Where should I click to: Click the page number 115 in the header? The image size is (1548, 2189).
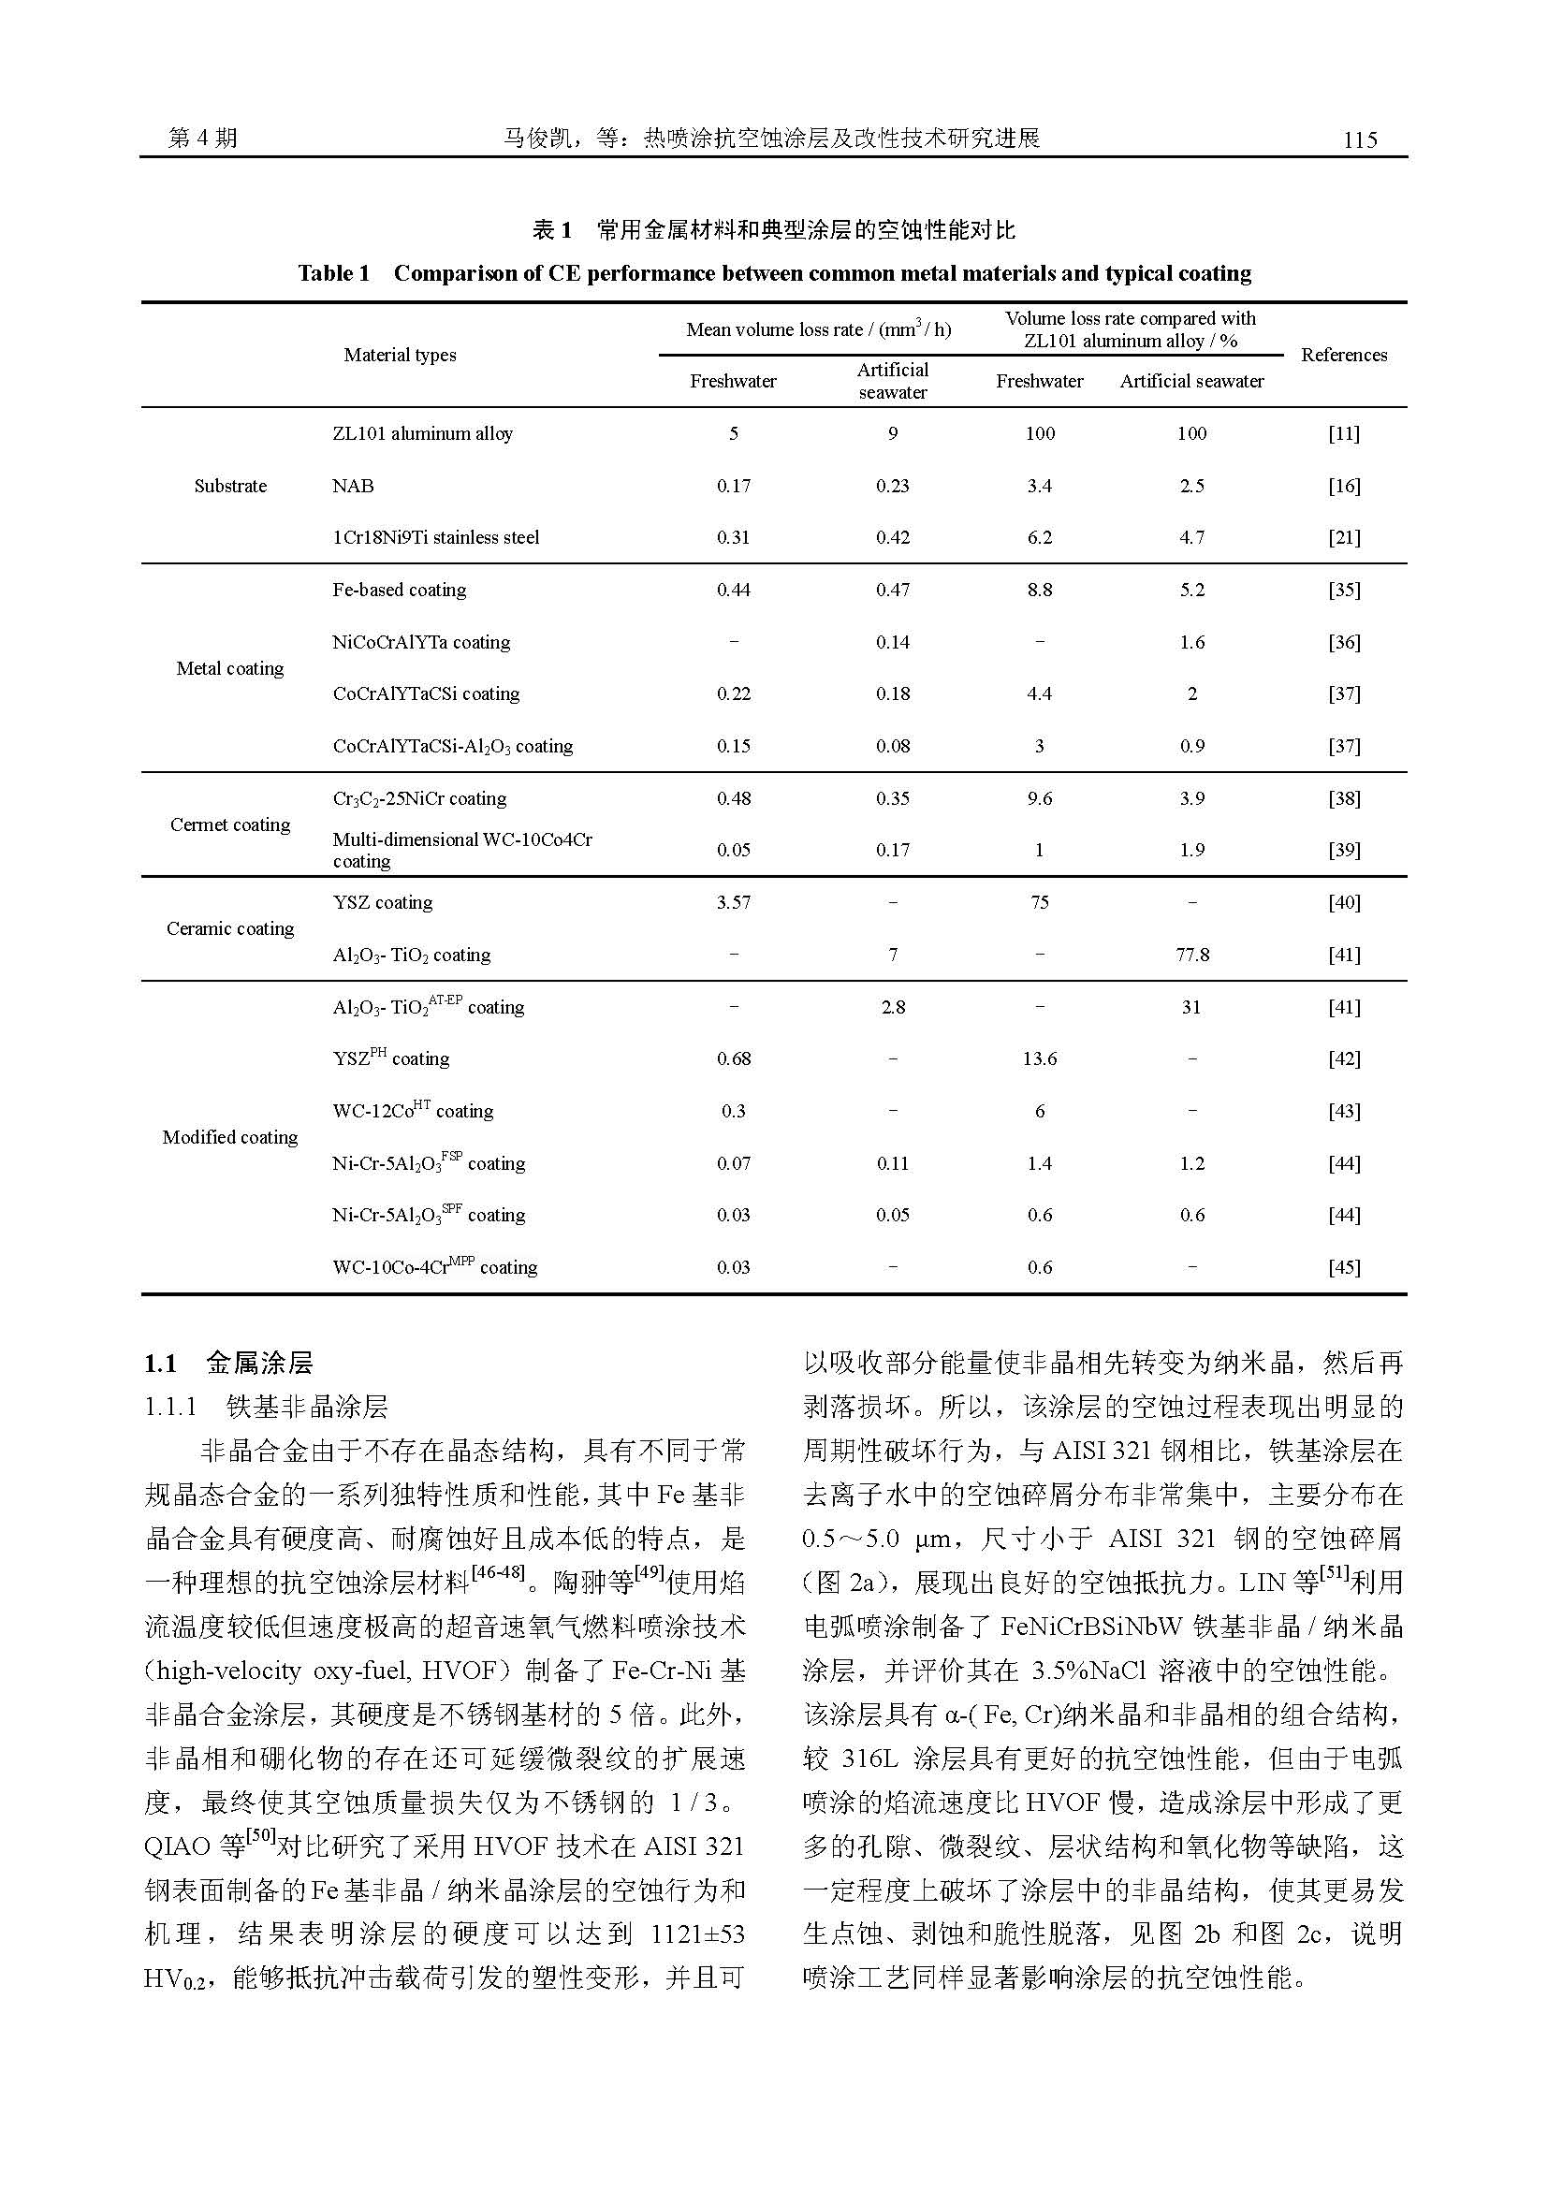tap(1359, 140)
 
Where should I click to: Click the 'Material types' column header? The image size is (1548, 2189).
tap(400, 355)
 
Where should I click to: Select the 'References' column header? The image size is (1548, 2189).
tap(1343, 355)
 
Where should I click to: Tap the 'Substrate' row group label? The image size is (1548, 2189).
tap(229, 486)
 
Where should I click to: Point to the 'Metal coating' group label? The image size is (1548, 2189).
tap(229, 668)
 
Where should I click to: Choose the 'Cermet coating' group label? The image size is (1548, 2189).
tap(229, 825)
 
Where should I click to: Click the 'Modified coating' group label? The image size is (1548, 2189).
tap(229, 1136)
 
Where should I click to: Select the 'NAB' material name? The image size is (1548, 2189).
tap(353, 486)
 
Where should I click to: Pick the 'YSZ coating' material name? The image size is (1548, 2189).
tap(382, 902)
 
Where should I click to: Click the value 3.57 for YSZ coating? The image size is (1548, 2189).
tap(733, 902)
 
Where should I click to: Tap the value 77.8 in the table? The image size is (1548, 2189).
tap(1191, 955)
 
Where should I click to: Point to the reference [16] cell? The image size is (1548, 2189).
tap(1343, 486)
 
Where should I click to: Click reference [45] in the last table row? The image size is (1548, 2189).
tap(1343, 1267)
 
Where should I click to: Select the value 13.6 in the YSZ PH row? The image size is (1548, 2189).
tap(1039, 1058)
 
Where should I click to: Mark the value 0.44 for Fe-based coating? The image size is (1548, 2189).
tap(733, 591)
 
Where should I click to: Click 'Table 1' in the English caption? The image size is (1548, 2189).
tap(332, 273)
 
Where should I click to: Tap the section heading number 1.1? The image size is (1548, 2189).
tap(160, 1364)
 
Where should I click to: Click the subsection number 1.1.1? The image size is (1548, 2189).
tap(170, 1408)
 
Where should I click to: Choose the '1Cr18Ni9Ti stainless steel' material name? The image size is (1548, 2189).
tap(435, 538)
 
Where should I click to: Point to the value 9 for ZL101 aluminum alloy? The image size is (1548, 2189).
tap(892, 434)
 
